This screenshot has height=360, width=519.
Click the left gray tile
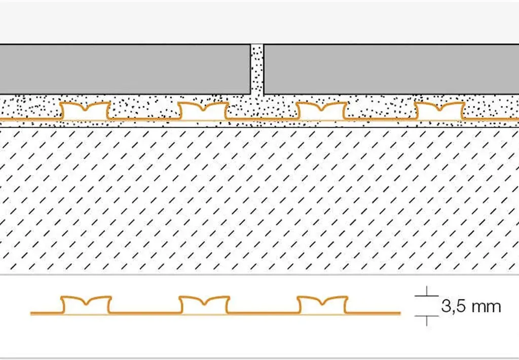(125, 69)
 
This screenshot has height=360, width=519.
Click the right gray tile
(391, 69)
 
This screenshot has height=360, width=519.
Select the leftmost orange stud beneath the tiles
(85, 111)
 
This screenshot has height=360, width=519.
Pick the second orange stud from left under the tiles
(203, 111)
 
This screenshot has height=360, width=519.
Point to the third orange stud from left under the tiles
(321, 111)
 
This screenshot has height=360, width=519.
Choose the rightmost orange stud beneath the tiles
(439, 111)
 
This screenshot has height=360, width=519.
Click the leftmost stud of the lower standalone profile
(86, 304)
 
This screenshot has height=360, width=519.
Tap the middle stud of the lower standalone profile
(204, 304)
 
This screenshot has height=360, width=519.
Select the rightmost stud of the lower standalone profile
(322, 304)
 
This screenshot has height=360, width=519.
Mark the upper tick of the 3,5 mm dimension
(427, 295)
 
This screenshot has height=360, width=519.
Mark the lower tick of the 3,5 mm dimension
(427, 316)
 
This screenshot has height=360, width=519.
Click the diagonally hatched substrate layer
(259, 200)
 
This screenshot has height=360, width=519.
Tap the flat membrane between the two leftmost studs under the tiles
(144, 119)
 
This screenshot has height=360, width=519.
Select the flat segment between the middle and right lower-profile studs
(264, 313)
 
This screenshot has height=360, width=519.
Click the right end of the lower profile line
(400, 313)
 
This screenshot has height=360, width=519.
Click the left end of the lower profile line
(31, 313)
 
